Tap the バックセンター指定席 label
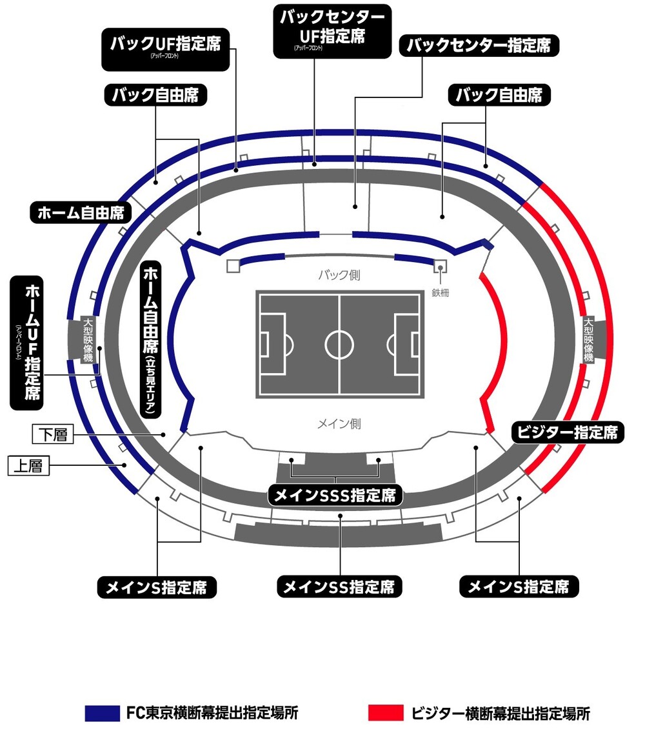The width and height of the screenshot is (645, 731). pos(479,46)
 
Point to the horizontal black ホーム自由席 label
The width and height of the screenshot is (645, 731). pos(81,212)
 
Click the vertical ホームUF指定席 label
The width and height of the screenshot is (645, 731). pos(30,342)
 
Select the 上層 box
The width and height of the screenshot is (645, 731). pos(29,465)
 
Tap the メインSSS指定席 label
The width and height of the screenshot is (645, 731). pos(335,495)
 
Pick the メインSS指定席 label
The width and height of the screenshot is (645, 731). pos(339,586)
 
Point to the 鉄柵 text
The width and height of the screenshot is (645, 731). pos(441,292)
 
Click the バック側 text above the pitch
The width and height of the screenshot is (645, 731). pos(339,275)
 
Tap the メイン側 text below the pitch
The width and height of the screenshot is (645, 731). pos(339,424)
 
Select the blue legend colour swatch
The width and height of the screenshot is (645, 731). pos(103,713)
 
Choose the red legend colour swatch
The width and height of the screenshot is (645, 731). pos(386,713)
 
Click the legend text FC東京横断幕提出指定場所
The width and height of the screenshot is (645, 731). pos(212,713)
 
